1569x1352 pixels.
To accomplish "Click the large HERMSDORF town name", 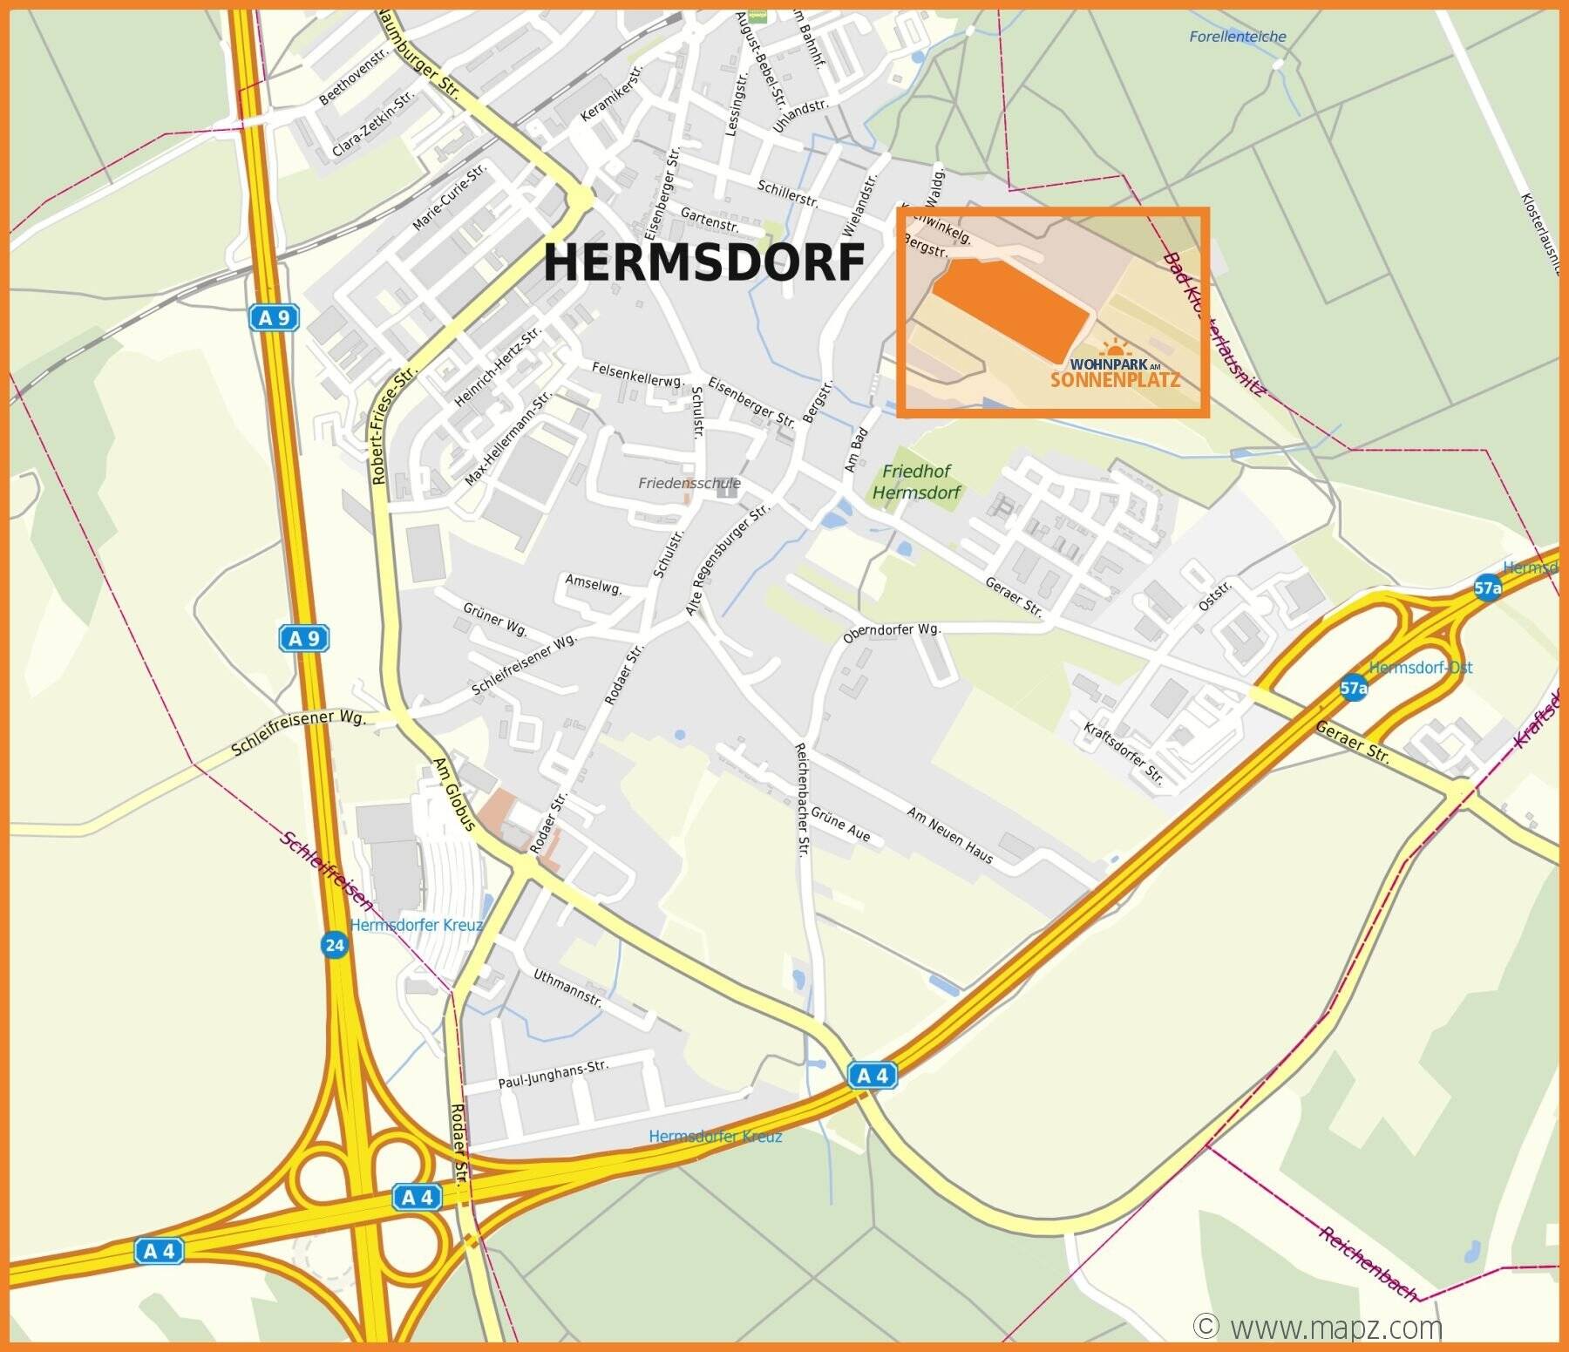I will (x=704, y=262).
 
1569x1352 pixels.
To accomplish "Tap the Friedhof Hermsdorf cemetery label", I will (x=916, y=482).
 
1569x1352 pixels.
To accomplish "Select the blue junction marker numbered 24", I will (x=334, y=945).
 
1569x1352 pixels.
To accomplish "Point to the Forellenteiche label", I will (x=1237, y=37).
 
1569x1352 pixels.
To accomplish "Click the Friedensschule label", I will (x=689, y=483).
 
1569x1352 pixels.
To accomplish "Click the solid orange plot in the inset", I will (x=1011, y=306).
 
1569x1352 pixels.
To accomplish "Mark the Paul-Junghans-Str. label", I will (x=553, y=1074).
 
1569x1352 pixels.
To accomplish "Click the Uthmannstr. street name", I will (x=567, y=988).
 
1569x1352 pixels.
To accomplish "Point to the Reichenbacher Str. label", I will (x=801, y=799).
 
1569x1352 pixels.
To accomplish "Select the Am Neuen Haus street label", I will (x=949, y=835).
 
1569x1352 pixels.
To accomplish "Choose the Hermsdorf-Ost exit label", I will (x=1420, y=668).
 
